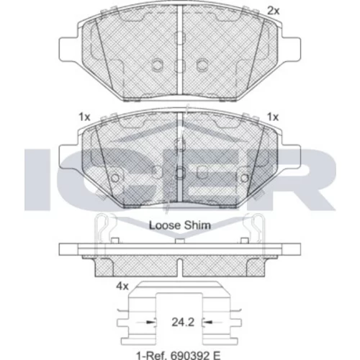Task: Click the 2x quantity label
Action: coord(274,11)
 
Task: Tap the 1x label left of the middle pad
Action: coord(84,117)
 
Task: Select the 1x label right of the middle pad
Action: coord(273,117)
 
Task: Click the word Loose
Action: coord(165,225)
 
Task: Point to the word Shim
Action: coord(197,225)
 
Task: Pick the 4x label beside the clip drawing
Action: coord(122,287)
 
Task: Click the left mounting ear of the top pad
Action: coord(69,49)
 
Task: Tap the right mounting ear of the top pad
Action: coord(291,49)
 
